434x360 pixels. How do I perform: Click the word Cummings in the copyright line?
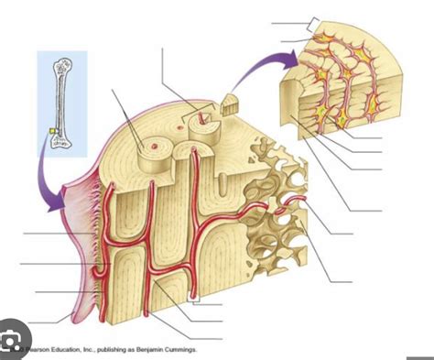(x=178, y=349)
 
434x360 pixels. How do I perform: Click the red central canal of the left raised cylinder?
(x=155, y=144)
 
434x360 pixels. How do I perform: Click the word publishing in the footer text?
(x=112, y=349)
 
